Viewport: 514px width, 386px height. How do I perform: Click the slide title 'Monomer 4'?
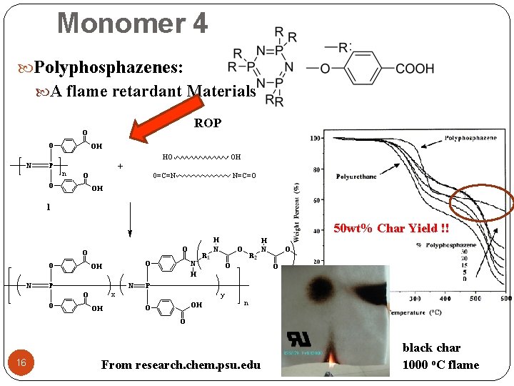pos(133,23)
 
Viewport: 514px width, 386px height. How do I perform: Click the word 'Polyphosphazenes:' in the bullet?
pos(109,68)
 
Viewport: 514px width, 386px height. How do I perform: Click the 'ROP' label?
pos(208,123)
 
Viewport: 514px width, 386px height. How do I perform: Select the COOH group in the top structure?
pos(415,68)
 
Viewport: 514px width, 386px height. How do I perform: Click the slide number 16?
pos(21,363)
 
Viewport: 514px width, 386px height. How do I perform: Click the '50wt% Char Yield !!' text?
pos(392,229)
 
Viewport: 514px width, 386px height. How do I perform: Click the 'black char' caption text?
pos(431,348)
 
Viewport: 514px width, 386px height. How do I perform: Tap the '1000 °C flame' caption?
pos(440,365)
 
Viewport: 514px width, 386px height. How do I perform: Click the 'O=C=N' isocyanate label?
pos(166,175)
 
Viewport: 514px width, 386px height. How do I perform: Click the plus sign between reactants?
pos(120,166)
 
